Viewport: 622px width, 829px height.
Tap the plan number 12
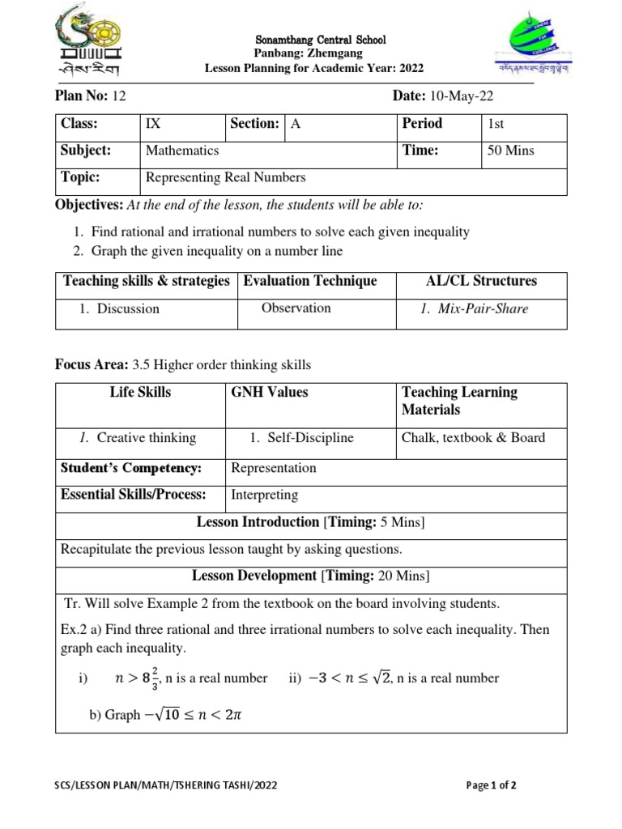point(119,96)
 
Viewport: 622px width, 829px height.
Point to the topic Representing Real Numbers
point(225,178)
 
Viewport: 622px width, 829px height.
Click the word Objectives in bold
point(89,205)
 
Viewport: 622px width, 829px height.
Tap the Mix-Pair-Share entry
point(480,308)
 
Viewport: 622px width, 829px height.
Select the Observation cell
point(296,308)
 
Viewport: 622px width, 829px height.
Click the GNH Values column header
point(270,392)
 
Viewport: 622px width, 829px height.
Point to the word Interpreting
point(265,495)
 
